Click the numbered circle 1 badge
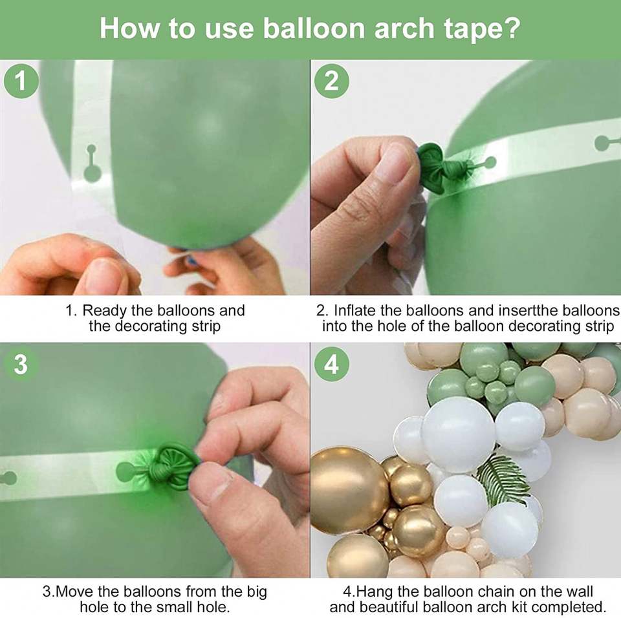(21, 81)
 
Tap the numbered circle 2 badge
(331, 81)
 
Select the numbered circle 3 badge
(21, 364)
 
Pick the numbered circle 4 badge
(331, 364)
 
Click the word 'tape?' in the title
(481, 29)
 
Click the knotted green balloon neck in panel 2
(445, 166)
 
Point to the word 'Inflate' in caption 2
(354, 311)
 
